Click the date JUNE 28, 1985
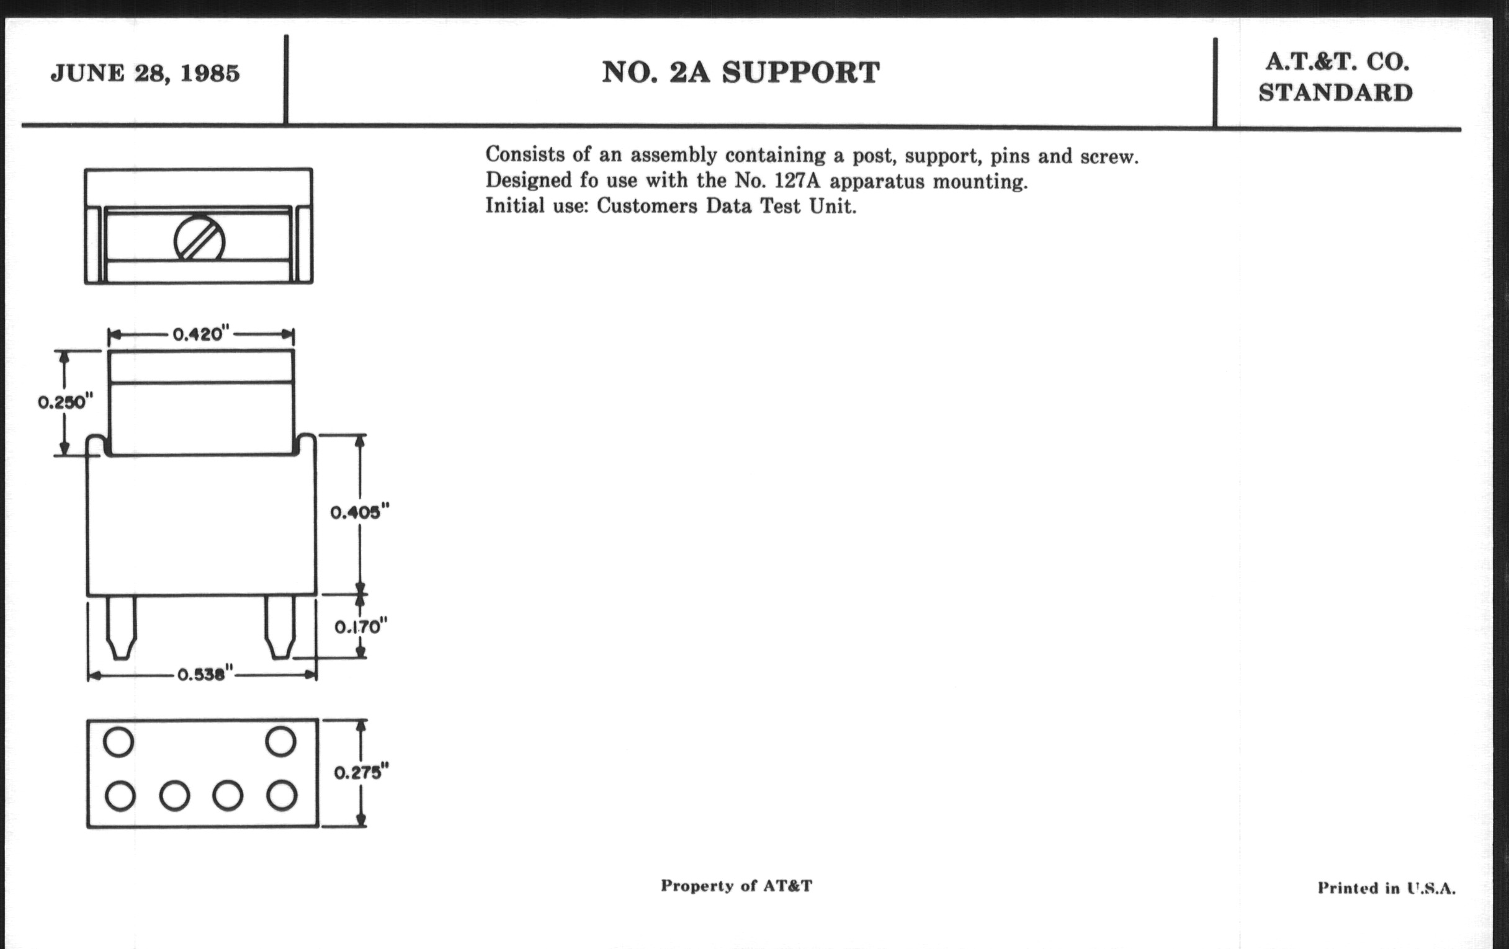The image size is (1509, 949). coord(145,73)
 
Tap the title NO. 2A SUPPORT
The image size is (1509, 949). coord(741,73)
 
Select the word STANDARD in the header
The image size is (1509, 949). coord(1335,92)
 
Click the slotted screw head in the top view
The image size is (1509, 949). coord(199,238)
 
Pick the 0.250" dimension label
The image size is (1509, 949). coord(66,401)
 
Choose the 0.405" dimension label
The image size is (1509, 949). coord(360,512)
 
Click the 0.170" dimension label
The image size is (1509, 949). coord(361,626)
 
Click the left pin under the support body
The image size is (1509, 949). coord(121,627)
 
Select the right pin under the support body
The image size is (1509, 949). coord(279,627)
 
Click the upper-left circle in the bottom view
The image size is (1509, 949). coord(119,742)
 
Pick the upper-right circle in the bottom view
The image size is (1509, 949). coord(280,742)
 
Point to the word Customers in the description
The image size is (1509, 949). coord(647,206)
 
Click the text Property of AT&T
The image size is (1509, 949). coord(737,886)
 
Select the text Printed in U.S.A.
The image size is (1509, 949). coord(1386,888)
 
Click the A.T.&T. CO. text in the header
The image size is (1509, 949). coord(1337,62)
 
